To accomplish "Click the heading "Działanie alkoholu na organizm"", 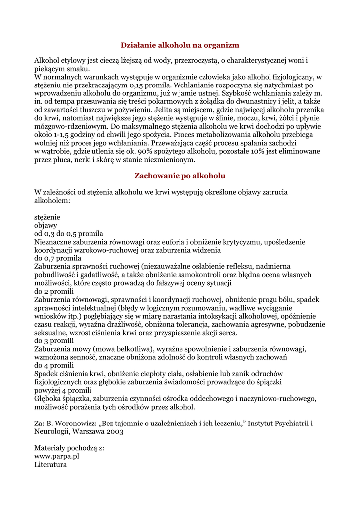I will pyautogui.click(x=180, y=45).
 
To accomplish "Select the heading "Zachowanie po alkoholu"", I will pyautogui.click(x=180, y=176).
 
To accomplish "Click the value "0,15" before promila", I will pyautogui.click(x=130, y=85).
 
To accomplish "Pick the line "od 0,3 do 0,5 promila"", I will pyautogui.click(x=69, y=233).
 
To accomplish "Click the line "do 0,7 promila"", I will pyautogui.click(x=58, y=258).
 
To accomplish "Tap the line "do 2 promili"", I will pyautogui.click(x=54, y=291).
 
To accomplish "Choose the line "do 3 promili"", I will pyautogui.click(x=54, y=340).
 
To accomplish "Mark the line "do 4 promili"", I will pyautogui.click(x=54, y=365).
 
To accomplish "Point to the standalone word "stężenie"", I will pyautogui.click(x=47, y=217).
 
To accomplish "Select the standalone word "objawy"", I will pyautogui.click(x=46, y=225).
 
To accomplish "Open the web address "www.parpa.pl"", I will pyautogui.click(x=57, y=456).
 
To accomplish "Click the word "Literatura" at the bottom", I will pyautogui.click(x=50, y=464).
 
